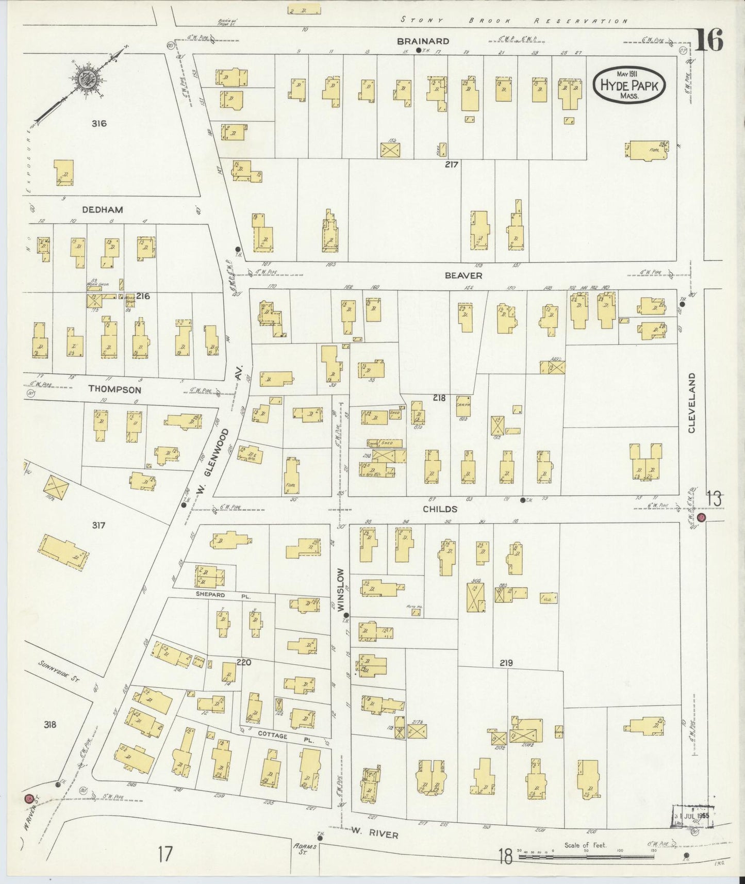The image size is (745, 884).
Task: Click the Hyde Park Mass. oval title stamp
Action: point(629,85)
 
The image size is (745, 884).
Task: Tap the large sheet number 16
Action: point(709,40)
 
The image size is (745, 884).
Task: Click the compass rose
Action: point(85,80)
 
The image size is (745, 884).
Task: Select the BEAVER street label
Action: point(463,276)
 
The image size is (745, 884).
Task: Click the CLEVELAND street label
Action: point(692,403)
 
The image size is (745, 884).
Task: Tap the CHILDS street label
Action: point(440,509)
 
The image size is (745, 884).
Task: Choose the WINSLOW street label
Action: point(340,590)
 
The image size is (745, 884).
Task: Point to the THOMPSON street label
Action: point(114,389)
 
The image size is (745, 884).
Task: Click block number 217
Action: point(452,164)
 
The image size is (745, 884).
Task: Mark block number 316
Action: point(99,123)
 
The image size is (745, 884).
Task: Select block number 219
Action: point(506,663)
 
